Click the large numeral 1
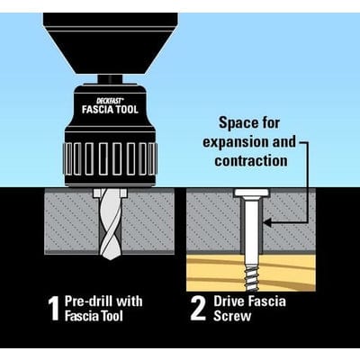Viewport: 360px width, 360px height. coord(54,310)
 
